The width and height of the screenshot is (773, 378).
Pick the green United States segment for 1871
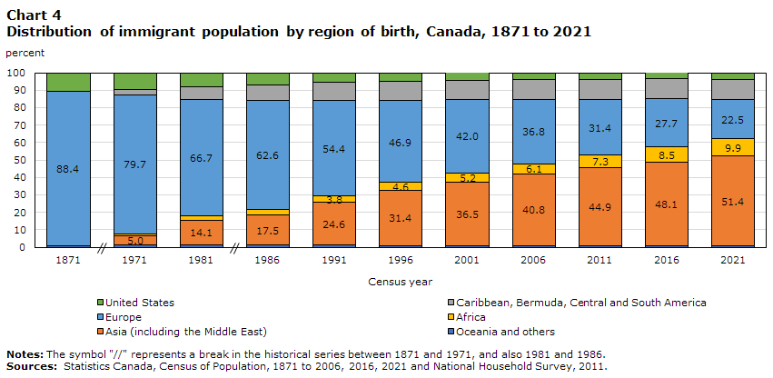tap(68, 82)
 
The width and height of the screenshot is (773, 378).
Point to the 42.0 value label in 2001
tap(465, 135)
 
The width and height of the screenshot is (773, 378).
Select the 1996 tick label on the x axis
tap(400, 261)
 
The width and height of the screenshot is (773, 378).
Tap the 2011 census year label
tap(599, 261)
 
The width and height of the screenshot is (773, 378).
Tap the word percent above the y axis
tap(25, 54)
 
